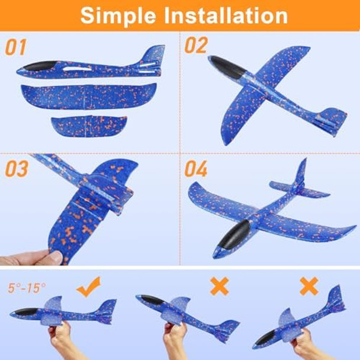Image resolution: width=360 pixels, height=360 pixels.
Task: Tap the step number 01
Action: [16, 47]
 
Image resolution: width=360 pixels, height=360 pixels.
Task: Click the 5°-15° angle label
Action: [27, 288]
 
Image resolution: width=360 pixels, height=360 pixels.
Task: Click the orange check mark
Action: [89, 287]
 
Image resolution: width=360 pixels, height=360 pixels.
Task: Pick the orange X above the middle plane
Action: [220, 287]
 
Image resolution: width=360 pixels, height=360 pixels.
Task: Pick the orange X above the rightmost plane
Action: [308, 287]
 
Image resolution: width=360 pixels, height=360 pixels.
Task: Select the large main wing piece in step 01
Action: [89, 95]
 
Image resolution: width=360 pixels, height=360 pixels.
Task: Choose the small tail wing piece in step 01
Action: [89, 124]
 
